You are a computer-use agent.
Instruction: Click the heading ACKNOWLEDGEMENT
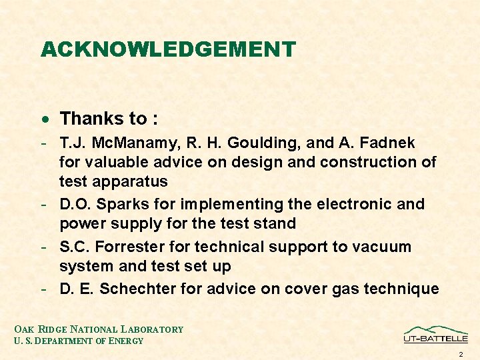tap(167, 49)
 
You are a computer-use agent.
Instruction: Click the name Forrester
tap(133, 247)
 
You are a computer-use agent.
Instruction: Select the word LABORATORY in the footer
tap(153, 329)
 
